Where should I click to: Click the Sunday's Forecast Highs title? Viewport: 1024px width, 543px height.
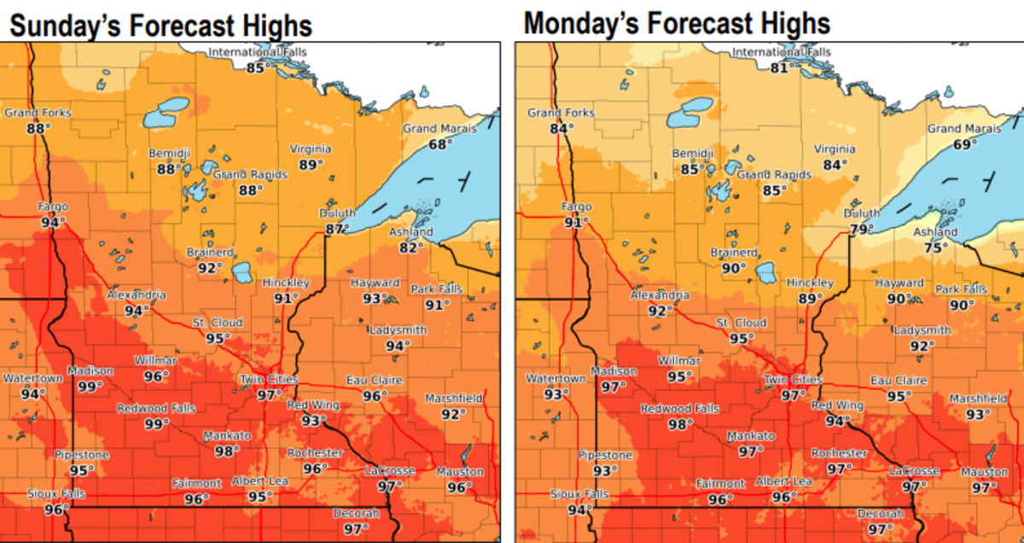(160, 25)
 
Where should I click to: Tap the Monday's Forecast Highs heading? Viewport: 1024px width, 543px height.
(677, 23)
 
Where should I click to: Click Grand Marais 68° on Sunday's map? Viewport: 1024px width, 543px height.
(440, 144)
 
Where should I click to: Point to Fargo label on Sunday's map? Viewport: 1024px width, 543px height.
(53, 206)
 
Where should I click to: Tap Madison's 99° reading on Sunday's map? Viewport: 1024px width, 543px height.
(90, 386)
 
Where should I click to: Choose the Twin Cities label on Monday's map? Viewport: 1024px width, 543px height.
(792, 379)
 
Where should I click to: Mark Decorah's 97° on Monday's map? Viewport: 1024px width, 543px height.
(881, 529)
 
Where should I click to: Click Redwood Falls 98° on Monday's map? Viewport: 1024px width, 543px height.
(680, 425)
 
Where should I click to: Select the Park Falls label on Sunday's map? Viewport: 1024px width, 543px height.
(436, 289)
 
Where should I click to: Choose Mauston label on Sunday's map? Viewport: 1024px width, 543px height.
(460, 471)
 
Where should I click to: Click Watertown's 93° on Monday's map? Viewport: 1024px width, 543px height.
(556, 394)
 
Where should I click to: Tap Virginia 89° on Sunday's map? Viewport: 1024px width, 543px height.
(311, 165)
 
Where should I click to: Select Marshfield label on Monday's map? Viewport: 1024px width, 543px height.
(979, 398)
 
